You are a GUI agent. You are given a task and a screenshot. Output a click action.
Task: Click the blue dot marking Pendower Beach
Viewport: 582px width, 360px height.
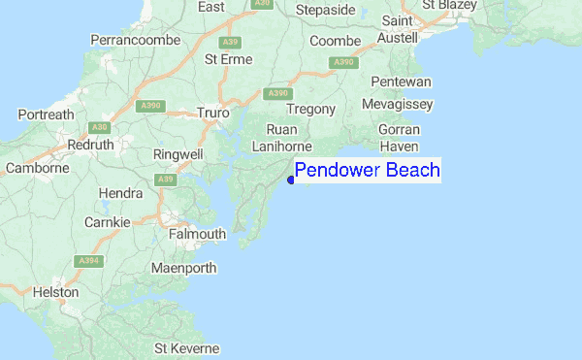[x=291, y=180]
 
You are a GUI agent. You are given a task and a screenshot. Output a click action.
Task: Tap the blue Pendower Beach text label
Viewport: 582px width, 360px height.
[x=367, y=172]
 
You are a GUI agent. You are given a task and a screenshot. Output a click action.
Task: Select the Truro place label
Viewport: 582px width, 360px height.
[x=212, y=113]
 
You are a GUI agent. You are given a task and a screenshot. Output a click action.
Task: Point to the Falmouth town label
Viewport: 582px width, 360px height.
[x=197, y=234]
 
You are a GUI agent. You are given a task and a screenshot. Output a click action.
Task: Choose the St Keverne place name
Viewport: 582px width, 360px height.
[x=187, y=348]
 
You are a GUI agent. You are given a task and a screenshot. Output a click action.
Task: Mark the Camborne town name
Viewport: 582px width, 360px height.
[x=38, y=168]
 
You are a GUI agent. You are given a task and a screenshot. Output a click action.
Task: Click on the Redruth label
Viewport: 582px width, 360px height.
[x=91, y=145]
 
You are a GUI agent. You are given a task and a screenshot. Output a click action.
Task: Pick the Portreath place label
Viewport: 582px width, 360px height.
[x=46, y=115]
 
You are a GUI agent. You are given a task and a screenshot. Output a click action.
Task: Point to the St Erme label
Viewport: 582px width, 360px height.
[x=228, y=59]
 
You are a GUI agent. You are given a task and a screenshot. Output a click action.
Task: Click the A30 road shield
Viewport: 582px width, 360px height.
[x=98, y=127]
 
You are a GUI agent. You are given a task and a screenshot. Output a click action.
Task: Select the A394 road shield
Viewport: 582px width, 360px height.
[x=89, y=261]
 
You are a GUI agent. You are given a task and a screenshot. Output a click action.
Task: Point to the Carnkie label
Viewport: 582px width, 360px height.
[x=107, y=222]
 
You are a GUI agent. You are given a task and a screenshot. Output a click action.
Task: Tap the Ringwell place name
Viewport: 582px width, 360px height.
[x=178, y=154]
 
